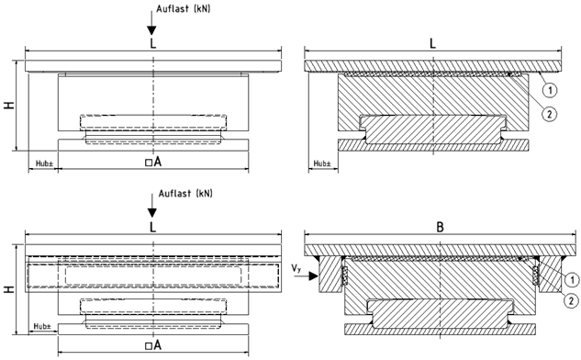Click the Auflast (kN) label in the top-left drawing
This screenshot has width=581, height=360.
(x=183, y=9)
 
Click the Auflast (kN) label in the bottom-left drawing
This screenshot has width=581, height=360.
(x=185, y=193)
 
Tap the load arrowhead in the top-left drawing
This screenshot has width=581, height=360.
(x=151, y=31)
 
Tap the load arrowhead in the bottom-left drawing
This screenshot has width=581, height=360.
(x=152, y=213)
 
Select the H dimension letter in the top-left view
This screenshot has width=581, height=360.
(x=9, y=105)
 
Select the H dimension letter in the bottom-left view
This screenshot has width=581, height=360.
(x=9, y=288)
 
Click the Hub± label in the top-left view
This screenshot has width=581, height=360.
(x=44, y=163)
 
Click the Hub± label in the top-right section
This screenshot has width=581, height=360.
(x=322, y=163)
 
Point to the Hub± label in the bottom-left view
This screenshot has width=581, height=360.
(x=42, y=326)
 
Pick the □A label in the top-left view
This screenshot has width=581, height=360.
(x=153, y=162)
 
